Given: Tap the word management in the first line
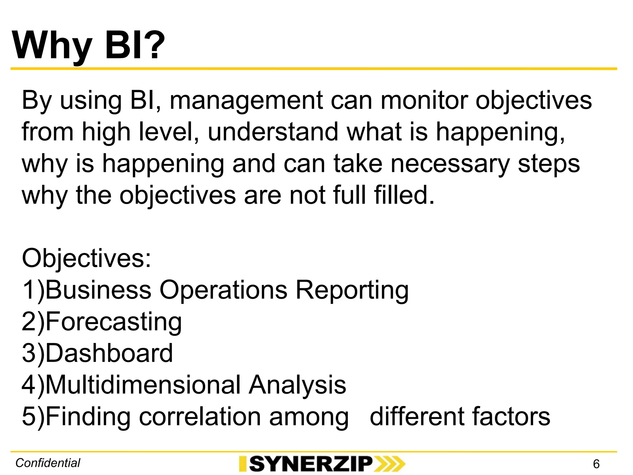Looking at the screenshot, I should pos(247,101).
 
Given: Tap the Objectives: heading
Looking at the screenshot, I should pos(87,258).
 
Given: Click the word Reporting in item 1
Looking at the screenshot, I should pos(352,291).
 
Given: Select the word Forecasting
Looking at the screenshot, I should pos(114,323).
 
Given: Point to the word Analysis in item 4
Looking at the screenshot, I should pos(297,385).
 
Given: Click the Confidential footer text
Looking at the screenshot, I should pos(48,463).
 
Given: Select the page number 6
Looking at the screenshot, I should pos(596,464).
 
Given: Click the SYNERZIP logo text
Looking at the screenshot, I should pos(310,464).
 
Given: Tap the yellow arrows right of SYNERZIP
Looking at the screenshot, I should pos(389,464).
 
